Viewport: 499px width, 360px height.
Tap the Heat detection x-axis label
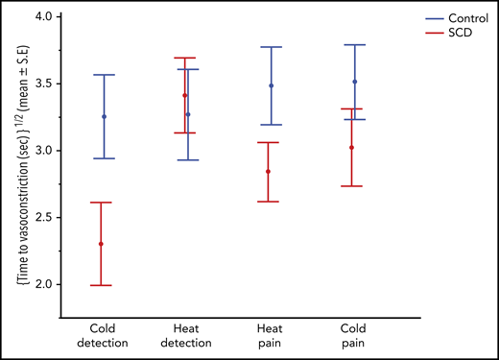(186, 333)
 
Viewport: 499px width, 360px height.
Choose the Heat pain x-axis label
(270, 333)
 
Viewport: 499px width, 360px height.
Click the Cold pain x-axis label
(353, 333)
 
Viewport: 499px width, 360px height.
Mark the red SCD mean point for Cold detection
(101, 244)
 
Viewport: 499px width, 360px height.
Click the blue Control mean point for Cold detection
(104, 116)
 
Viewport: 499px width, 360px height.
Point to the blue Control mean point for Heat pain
(272, 85)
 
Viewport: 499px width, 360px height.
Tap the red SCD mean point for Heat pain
(268, 172)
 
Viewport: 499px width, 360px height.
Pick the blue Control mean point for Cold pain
(355, 82)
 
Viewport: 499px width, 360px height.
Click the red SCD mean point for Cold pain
(351, 148)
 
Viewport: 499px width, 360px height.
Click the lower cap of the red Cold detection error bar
(101, 285)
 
